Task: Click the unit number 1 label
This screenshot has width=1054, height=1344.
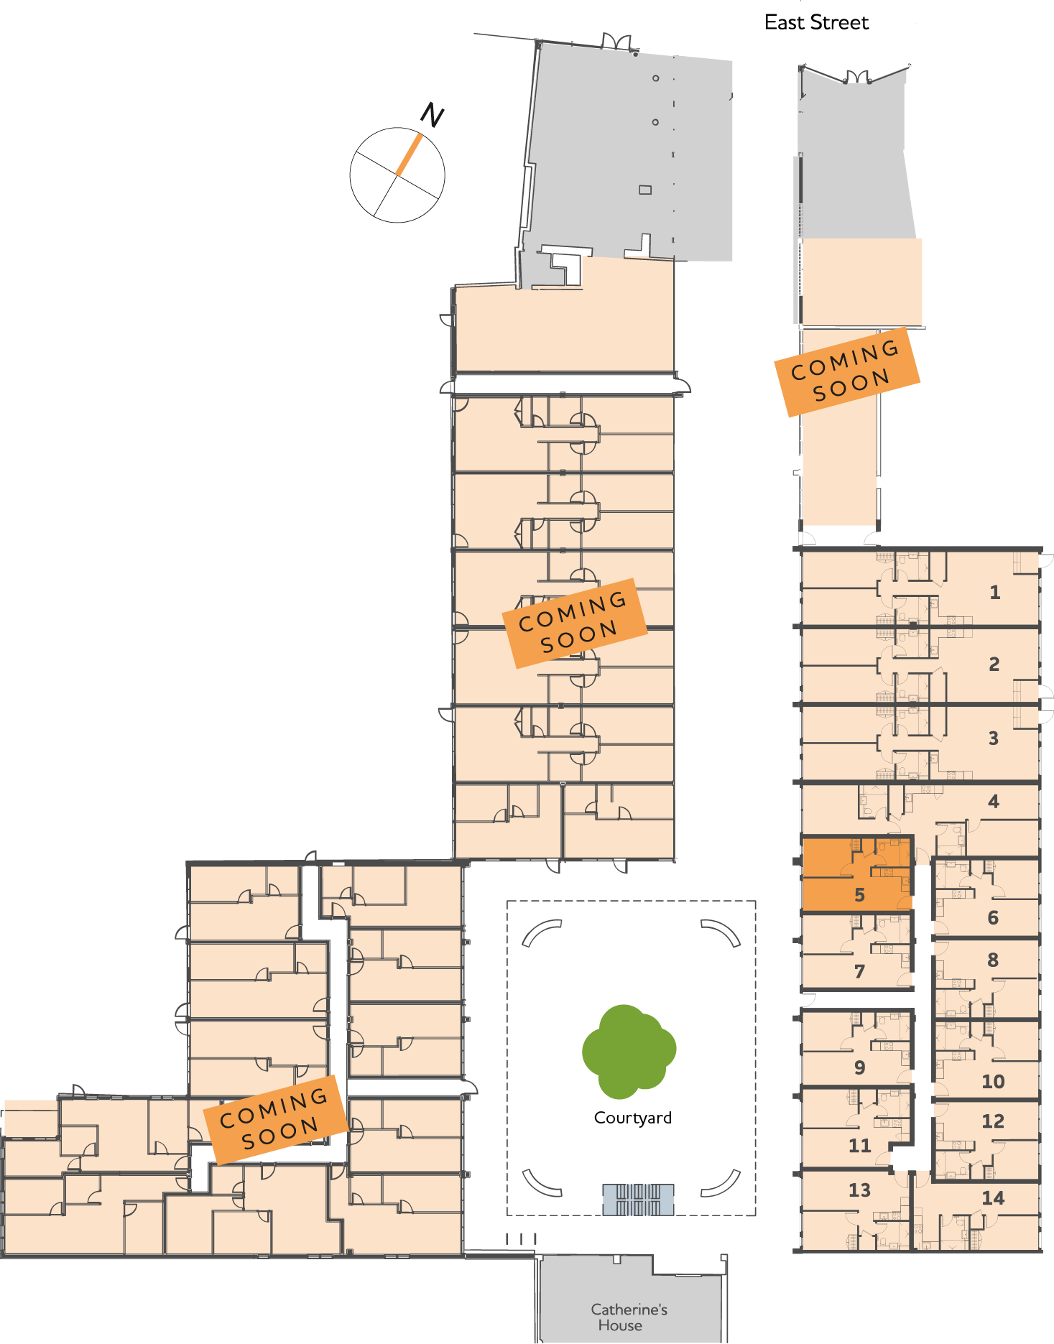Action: point(994,593)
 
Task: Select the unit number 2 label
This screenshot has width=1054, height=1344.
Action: point(994,664)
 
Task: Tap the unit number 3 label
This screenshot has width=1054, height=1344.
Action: point(993,738)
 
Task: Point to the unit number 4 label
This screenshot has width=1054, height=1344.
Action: point(993,802)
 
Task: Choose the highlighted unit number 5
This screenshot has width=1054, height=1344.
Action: point(859,895)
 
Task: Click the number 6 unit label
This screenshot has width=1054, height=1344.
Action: point(993,917)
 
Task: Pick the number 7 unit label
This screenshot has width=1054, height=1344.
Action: point(859,972)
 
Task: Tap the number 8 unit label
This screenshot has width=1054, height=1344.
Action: point(993,960)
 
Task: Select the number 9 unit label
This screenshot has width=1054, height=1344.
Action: point(859,1067)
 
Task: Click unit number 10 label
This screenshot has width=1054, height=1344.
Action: point(993,1081)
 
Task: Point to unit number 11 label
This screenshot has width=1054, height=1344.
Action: point(859,1146)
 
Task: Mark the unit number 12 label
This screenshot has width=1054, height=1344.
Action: point(993,1121)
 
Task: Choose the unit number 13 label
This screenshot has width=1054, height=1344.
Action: point(859,1190)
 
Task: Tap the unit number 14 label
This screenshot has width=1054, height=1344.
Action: point(993,1198)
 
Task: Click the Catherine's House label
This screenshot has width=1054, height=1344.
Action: point(629,1317)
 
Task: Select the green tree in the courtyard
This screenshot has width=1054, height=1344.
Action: point(629,1052)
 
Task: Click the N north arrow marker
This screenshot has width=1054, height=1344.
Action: point(431,115)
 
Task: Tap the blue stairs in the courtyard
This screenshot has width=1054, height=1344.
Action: point(638,1200)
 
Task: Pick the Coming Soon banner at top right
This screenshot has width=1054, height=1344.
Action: point(846,371)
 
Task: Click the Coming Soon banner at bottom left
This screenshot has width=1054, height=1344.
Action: point(274,1119)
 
